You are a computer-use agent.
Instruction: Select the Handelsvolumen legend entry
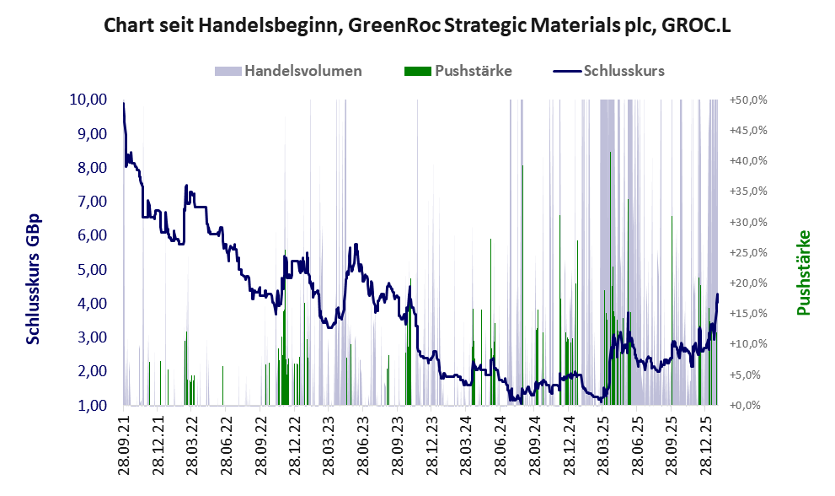point(303,71)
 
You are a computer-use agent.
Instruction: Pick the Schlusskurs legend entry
point(624,71)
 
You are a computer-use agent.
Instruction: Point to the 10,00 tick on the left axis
point(88,100)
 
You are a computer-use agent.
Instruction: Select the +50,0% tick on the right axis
point(748,100)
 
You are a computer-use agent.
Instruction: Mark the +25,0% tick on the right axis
point(748,252)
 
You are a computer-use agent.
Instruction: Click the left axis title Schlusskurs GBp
point(34,278)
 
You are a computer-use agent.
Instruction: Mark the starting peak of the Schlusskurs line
point(124,104)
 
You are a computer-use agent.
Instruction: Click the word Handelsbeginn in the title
point(256,26)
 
